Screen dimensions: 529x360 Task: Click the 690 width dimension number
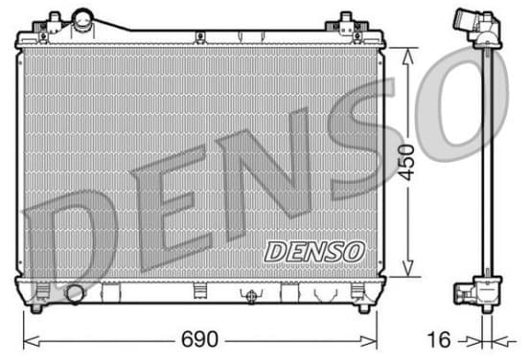pyautogui.click(x=199, y=339)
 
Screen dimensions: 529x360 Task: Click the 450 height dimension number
pyautogui.click(x=406, y=162)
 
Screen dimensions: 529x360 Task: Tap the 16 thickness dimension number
pyautogui.click(x=439, y=339)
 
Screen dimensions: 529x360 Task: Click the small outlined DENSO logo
pyautogui.click(x=314, y=252)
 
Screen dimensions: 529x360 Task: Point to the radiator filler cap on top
pyautogui.click(x=83, y=20)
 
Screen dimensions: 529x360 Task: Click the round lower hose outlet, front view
pyautogui.click(x=75, y=294)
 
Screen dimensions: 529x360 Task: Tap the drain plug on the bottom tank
pyautogui.click(x=251, y=296)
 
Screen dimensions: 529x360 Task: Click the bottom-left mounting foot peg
pyautogui.click(x=36, y=308)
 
